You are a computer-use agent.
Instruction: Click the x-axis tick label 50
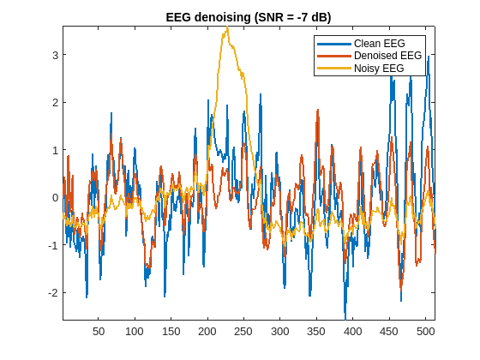pyautogui.click(x=99, y=331)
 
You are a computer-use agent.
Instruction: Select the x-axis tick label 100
pyautogui.click(x=135, y=331)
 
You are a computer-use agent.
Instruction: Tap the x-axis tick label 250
pyautogui.click(x=243, y=331)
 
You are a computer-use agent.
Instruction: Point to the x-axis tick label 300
pyautogui.click(x=279, y=331)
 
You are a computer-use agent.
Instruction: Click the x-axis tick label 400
pyautogui.click(x=352, y=331)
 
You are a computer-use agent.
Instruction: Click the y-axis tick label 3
pyautogui.click(x=54, y=55)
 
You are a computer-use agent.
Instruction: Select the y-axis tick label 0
pyautogui.click(x=54, y=197)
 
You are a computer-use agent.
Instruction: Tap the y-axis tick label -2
pyautogui.click(x=52, y=292)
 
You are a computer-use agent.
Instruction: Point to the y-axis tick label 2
pyautogui.click(x=54, y=102)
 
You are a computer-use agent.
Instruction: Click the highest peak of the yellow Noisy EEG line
pyautogui.click(x=227, y=27)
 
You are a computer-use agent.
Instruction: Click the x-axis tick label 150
pyautogui.click(x=171, y=331)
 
